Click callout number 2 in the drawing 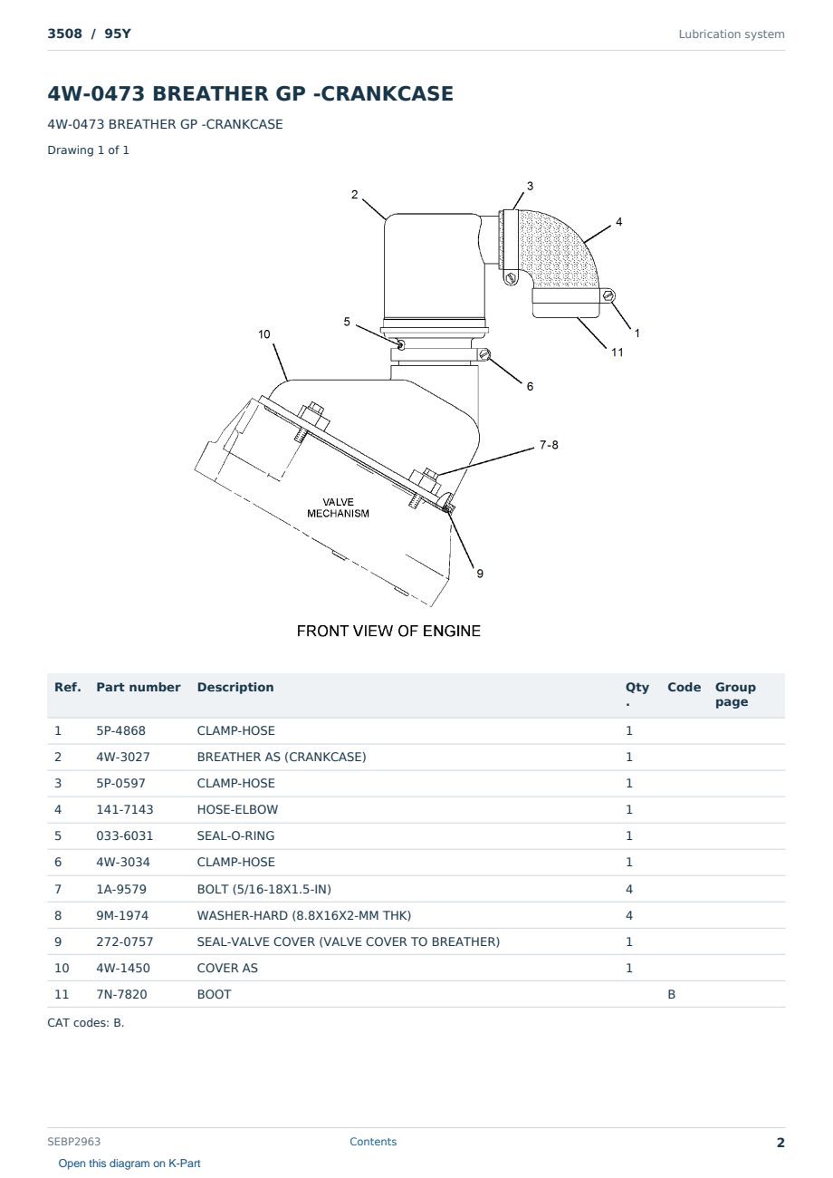coord(354,195)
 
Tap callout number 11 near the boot coord(617,352)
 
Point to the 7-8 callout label coord(549,445)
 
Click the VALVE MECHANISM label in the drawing coord(338,507)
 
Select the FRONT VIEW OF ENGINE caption coord(388,631)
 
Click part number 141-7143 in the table coord(125,809)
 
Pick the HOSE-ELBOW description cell coord(237,809)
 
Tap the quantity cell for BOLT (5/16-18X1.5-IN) coord(629,889)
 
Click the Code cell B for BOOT coord(671,994)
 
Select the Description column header coord(235,688)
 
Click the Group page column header coord(735,694)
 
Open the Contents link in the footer coord(373,1142)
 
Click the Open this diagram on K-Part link coord(129,1164)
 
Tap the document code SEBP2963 coord(74,1142)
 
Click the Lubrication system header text coord(732,34)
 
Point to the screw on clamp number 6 coord(484,354)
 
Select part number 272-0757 coord(125,941)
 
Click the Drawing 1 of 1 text coord(89,150)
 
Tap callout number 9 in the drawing coord(480,574)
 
